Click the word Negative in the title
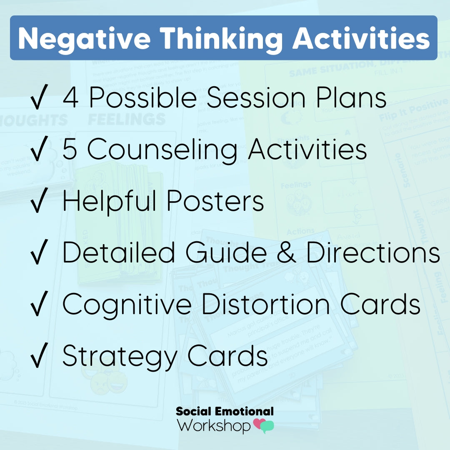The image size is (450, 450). point(83,38)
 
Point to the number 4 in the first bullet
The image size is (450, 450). point(71,98)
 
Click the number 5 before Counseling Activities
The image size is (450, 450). point(71,150)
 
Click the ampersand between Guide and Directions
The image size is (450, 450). point(286,252)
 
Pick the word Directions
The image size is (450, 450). point(373,252)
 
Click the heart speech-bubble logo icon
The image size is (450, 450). point(264,425)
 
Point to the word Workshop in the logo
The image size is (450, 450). point(214,425)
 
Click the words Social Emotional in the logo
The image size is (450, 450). point(225,412)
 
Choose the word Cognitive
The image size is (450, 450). point(127,305)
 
